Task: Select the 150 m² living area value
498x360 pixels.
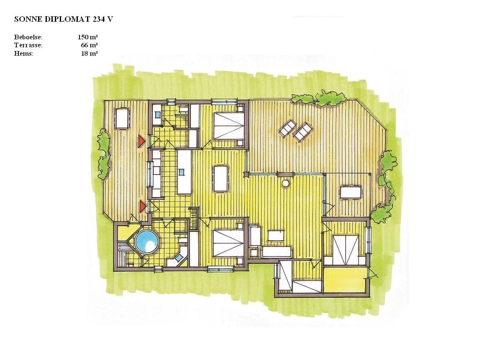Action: (x=87, y=37)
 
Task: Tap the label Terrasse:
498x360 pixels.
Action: (x=28, y=46)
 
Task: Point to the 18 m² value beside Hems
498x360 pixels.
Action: (x=89, y=54)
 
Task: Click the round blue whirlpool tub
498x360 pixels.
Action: (x=147, y=242)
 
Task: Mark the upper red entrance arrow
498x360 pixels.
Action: (x=141, y=141)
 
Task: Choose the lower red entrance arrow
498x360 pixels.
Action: (x=143, y=206)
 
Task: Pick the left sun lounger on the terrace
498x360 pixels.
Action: (x=287, y=128)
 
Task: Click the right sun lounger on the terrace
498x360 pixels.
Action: (x=302, y=131)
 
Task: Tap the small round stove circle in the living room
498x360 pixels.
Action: (x=285, y=183)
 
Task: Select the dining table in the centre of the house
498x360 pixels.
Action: (x=221, y=178)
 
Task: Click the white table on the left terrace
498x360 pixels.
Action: (x=122, y=118)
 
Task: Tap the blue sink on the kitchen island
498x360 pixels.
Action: (x=181, y=172)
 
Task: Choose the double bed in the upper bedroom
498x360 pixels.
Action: (x=228, y=126)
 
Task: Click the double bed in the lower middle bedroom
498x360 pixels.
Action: (x=228, y=243)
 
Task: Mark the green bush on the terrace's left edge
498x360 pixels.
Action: (x=103, y=154)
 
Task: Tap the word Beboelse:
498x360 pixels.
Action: (x=28, y=37)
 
